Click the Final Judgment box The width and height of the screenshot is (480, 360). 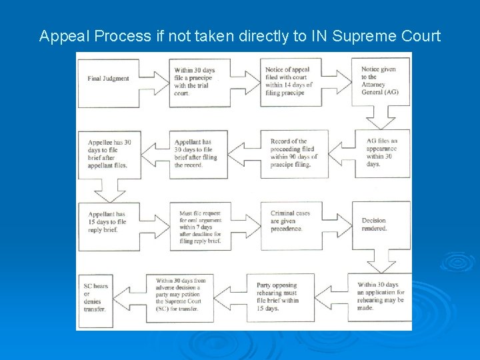(109, 79)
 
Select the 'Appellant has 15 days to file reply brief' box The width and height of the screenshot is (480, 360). (108, 222)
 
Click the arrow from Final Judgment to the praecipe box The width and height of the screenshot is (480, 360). (154, 79)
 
